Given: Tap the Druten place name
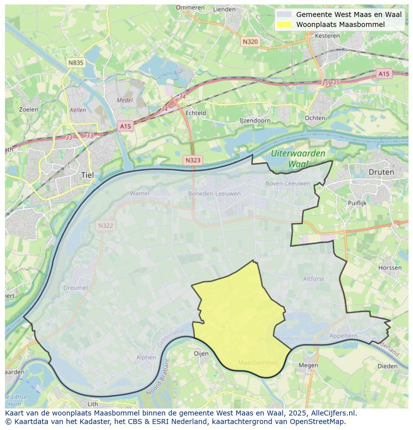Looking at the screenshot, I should [x=381, y=172].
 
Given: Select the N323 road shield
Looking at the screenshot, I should [x=193, y=160].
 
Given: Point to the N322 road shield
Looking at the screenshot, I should [x=105, y=226].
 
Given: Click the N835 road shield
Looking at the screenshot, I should [x=76, y=62].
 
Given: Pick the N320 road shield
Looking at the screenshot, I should [x=250, y=41].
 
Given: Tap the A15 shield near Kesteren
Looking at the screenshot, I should [x=384, y=74].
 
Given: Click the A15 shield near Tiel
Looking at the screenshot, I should [x=125, y=126].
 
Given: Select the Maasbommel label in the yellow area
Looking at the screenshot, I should [x=257, y=362].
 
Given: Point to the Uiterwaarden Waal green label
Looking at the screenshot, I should [x=298, y=158].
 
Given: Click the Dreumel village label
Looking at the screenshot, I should [x=75, y=288].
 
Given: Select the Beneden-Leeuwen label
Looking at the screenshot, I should [x=214, y=193].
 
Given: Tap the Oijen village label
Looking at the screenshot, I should [x=201, y=353].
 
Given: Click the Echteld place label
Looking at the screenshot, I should [x=196, y=113].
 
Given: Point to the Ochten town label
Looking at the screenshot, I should [x=315, y=118].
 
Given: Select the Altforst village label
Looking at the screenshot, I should [x=313, y=279].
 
